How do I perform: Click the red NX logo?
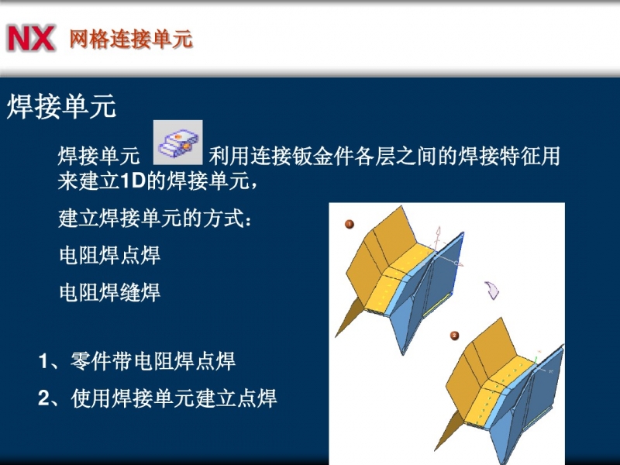[30, 38]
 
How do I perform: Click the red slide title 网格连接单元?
[131, 39]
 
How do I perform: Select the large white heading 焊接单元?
[62, 106]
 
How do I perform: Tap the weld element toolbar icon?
[178, 143]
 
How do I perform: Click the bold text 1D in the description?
[132, 181]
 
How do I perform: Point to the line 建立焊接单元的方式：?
[154, 218]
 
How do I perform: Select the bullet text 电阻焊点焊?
[109, 255]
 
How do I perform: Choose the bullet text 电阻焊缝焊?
[109, 292]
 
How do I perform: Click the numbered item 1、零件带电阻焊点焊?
[137, 360]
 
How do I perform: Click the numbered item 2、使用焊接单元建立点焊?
[157, 398]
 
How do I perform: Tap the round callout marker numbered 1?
[350, 224]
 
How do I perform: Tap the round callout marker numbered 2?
[454, 336]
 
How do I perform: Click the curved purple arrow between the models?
[492, 290]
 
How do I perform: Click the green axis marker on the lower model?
[536, 360]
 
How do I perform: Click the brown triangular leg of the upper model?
[350, 317]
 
